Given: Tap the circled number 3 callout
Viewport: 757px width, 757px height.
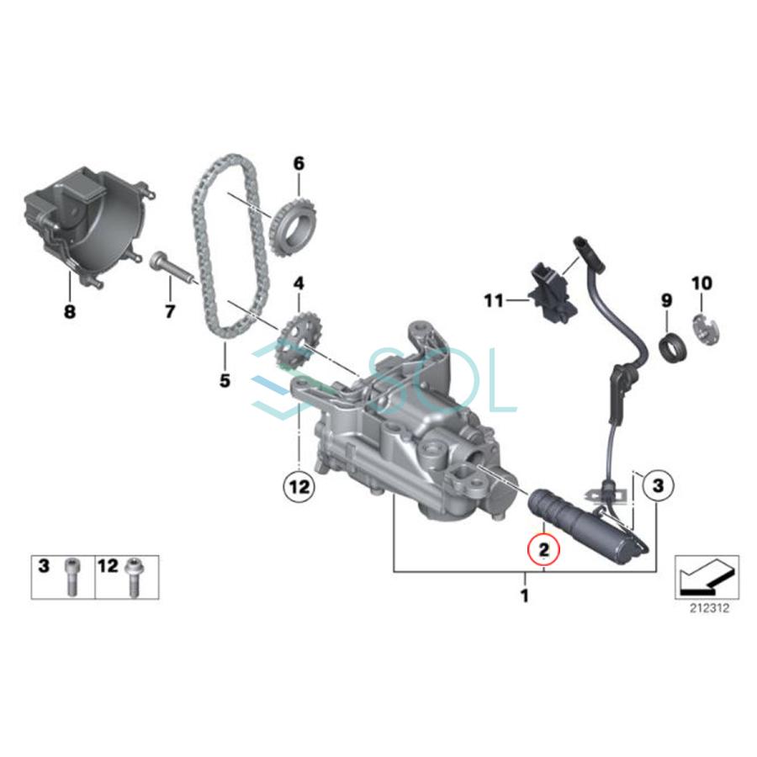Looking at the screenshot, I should point(658,484).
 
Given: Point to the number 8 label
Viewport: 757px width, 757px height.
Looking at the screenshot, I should point(69,312).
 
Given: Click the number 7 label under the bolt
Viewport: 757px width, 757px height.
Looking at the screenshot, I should point(170,312).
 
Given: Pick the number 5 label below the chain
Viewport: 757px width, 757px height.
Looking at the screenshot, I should point(225,380).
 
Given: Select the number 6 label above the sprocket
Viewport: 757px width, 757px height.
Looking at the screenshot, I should point(298,161).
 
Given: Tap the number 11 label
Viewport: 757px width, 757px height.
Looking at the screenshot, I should point(493,299).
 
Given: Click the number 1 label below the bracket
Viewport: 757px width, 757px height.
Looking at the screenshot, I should point(525,597).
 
